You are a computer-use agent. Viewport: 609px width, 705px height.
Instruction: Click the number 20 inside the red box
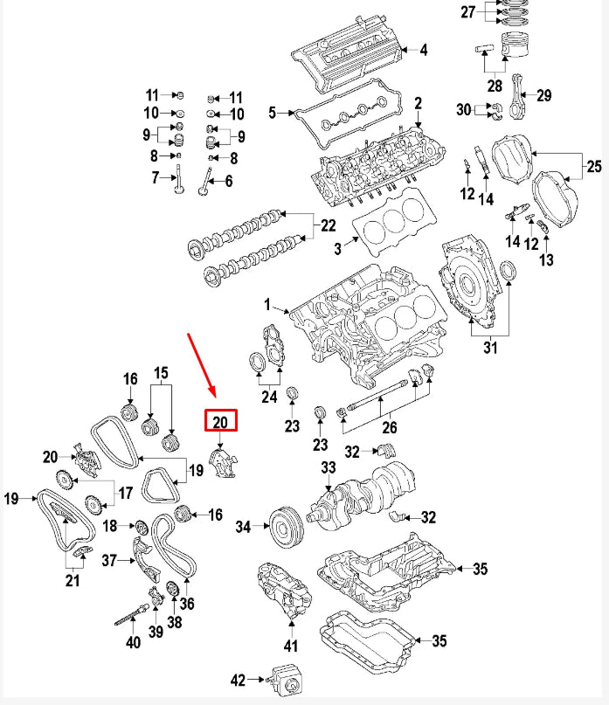(220, 422)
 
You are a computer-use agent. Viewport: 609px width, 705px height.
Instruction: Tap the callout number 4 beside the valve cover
(423, 50)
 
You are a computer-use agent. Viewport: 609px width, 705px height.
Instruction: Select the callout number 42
(239, 679)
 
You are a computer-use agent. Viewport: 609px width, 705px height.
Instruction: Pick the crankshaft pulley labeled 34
(284, 527)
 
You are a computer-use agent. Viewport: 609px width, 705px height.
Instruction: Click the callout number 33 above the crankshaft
(328, 468)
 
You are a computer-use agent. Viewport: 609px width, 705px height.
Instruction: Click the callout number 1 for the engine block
(268, 307)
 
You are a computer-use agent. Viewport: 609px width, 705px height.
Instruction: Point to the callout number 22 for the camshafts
(327, 225)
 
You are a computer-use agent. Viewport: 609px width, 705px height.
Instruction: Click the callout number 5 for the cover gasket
(272, 113)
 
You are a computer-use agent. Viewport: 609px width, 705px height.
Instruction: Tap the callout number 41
(290, 646)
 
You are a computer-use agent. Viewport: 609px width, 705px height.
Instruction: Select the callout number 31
(489, 349)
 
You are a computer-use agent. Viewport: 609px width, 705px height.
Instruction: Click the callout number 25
(594, 166)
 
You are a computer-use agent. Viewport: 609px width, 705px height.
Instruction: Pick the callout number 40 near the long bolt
(132, 644)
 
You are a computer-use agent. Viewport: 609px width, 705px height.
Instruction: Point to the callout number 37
(109, 560)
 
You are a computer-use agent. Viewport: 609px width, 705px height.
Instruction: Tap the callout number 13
(546, 259)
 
